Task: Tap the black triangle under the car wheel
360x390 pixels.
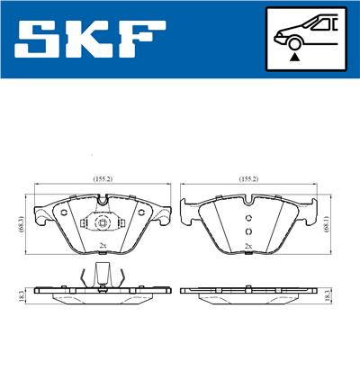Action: click(294, 56)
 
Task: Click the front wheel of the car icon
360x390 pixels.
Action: click(293, 41)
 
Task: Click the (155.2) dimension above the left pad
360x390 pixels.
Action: click(101, 178)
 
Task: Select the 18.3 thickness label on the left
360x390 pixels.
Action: click(20, 294)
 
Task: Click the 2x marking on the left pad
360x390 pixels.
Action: click(102, 245)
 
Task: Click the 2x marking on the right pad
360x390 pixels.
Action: click(247, 245)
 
